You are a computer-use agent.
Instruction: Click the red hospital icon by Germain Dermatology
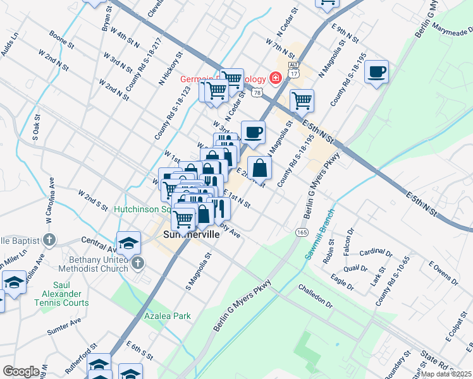[x=275, y=78]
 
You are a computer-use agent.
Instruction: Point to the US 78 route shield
[x=256, y=93]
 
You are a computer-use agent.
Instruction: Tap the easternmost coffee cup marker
[x=376, y=71]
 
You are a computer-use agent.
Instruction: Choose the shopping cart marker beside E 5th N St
[x=302, y=100]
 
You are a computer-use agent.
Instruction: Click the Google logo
[x=20, y=371]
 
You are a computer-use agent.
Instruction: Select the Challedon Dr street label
[x=316, y=296]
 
